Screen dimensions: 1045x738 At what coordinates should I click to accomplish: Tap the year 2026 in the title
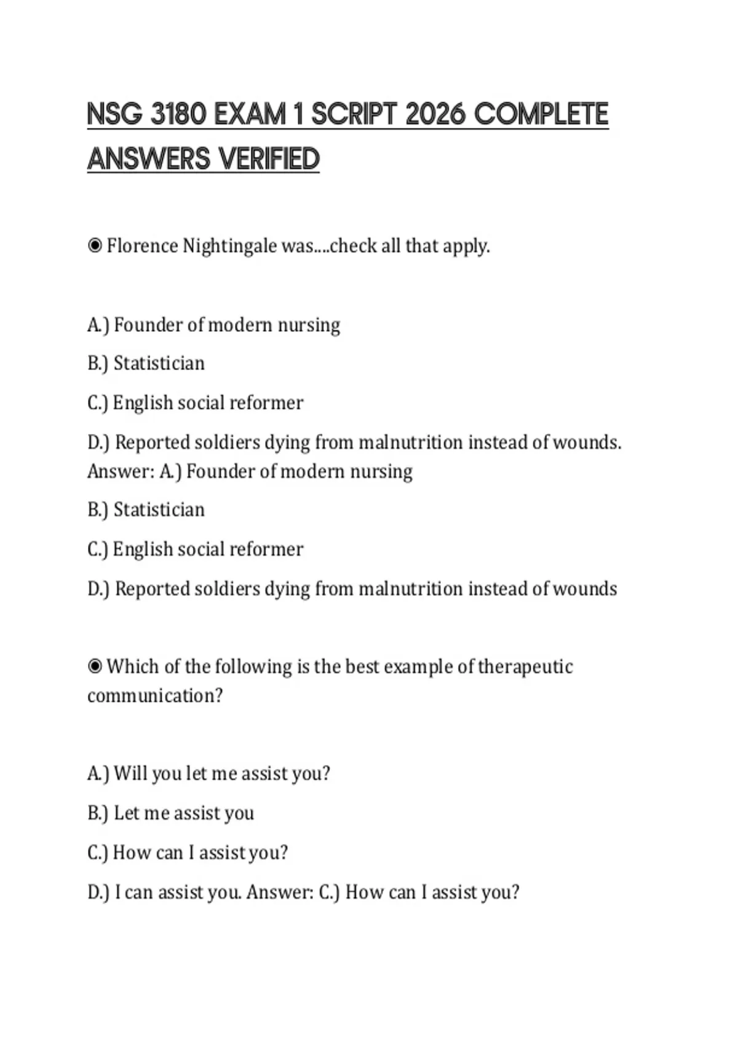(435, 114)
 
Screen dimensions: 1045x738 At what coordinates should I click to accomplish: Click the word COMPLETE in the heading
(542, 114)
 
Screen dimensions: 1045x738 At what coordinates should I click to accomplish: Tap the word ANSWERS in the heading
(149, 159)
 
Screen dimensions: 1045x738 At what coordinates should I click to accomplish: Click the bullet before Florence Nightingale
(95, 246)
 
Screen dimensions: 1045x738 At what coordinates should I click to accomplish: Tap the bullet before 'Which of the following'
(95, 666)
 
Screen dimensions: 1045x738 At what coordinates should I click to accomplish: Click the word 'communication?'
(155, 696)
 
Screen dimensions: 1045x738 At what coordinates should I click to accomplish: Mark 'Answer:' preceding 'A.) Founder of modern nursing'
(121, 471)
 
